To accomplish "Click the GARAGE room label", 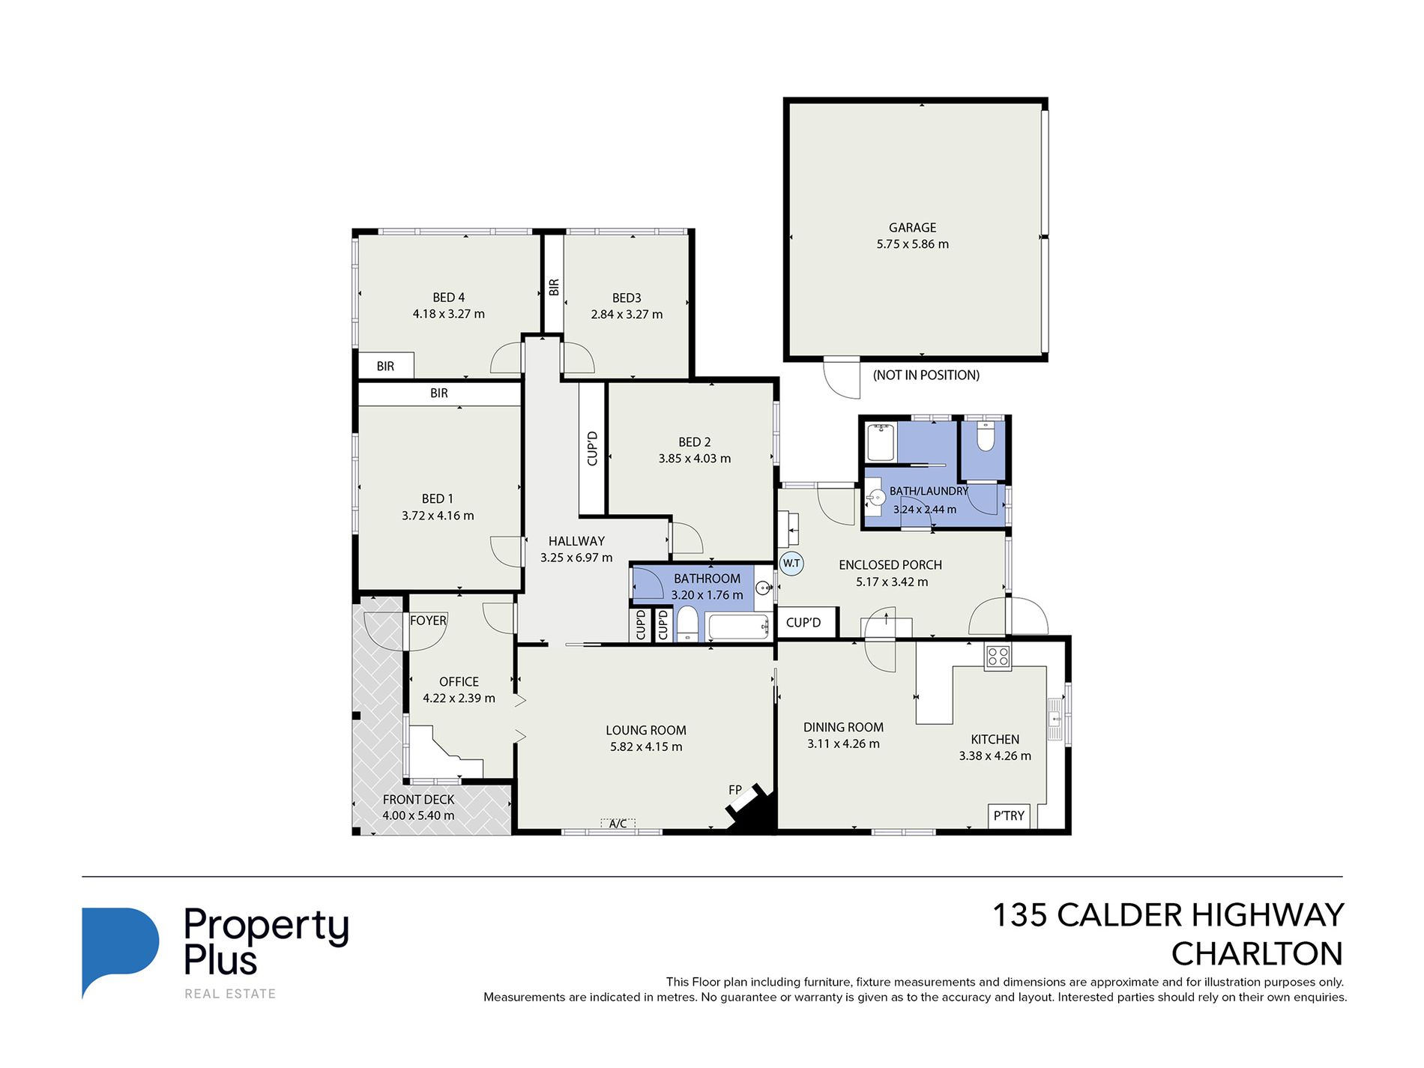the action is click(912, 227).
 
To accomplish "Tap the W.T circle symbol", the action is click(791, 564).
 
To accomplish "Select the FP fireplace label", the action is click(735, 790).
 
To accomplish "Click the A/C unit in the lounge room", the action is click(618, 824).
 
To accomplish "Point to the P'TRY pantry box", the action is click(1009, 815).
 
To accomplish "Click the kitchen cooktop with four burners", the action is click(998, 657).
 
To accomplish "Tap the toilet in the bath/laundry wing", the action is click(986, 436).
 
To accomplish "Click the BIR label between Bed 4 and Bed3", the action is click(554, 287).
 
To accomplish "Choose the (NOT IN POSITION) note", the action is click(926, 375).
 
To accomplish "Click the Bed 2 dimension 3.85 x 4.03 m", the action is click(695, 459).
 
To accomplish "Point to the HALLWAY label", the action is click(576, 541).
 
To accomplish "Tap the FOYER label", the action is click(428, 621).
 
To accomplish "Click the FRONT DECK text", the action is click(418, 800).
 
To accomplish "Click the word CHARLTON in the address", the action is click(1257, 954).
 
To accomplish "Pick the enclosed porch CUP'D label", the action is click(803, 623).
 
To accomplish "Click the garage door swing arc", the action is click(841, 378).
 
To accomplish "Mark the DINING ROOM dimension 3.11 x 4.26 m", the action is click(843, 743).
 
